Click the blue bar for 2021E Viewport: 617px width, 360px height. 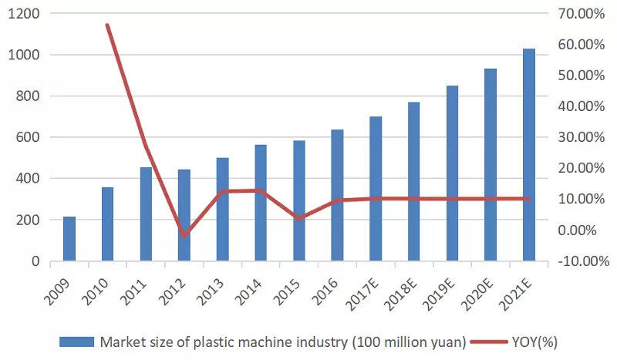529,154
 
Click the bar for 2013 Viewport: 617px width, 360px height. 223,209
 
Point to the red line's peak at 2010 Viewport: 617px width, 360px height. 107,25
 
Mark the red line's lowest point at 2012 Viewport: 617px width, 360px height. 184,235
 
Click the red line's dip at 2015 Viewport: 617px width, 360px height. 299,219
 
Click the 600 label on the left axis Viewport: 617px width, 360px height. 29,137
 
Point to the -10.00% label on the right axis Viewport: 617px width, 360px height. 571,261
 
